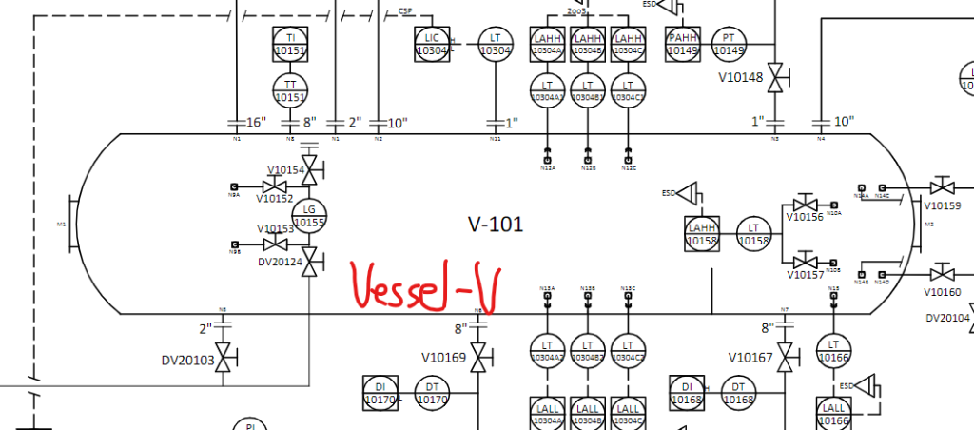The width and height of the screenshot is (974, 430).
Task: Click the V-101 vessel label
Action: point(496,225)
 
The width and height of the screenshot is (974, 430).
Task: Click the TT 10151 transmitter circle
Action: point(290,90)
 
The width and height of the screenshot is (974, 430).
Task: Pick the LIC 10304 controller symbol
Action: point(431,44)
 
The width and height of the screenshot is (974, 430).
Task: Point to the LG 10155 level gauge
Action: point(309,216)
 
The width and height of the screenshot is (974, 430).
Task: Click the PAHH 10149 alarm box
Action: point(683,44)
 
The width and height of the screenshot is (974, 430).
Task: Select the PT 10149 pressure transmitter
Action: point(729,44)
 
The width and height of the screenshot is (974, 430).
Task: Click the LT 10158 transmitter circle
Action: point(753,235)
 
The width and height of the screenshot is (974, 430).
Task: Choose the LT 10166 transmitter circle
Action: point(833,351)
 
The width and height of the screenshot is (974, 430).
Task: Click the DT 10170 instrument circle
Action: point(432,393)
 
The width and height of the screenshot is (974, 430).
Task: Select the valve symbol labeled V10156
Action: point(805,204)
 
